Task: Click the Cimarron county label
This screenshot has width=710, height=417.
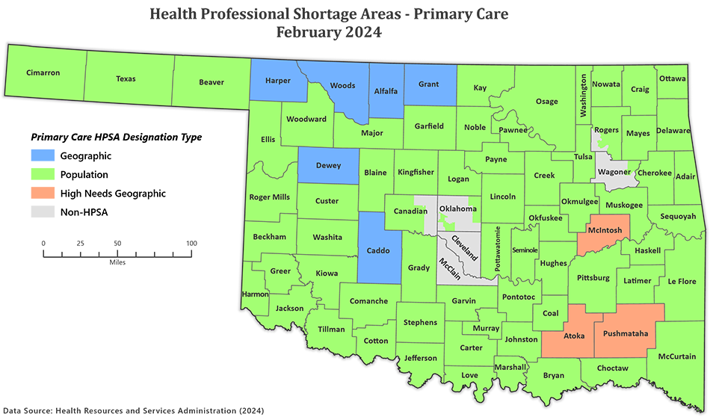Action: (43, 72)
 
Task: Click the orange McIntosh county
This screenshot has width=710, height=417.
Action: (606, 230)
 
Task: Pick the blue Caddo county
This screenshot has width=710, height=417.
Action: (378, 250)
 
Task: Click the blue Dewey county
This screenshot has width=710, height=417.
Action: (328, 166)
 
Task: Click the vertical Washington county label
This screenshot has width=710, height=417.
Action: (584, 96)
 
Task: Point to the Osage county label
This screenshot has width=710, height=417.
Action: (546, 102)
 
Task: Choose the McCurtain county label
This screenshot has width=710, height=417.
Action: (677, 356)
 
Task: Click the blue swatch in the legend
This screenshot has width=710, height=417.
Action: (30, 155)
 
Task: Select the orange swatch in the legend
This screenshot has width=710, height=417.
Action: (30, 193)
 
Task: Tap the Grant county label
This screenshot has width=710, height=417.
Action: (428, 84)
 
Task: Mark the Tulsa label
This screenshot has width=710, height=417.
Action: (583, 157)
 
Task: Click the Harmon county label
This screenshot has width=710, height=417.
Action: (256, 294)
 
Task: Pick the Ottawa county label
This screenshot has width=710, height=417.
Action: (672, 78)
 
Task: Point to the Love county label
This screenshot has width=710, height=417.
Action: (469, 374)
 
